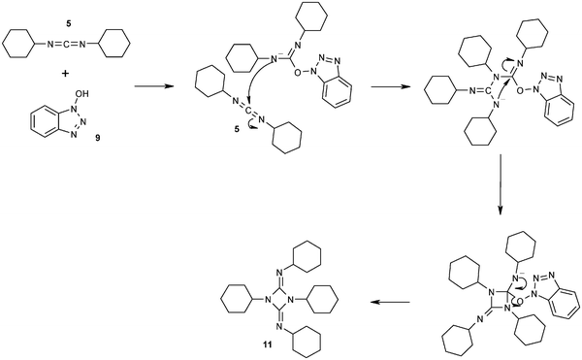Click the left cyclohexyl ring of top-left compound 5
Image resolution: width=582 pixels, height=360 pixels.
pos(20,44)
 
